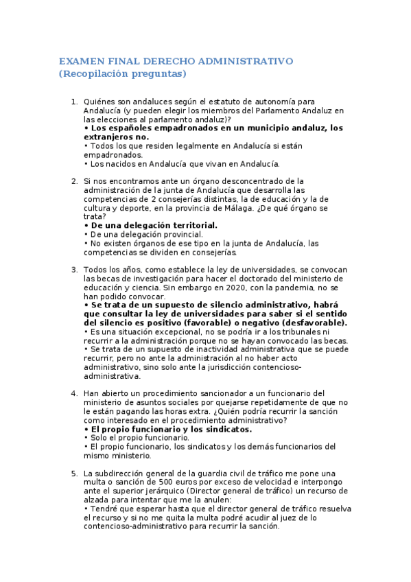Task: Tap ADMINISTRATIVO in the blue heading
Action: [248, 61]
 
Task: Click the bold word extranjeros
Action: [109, 137]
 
